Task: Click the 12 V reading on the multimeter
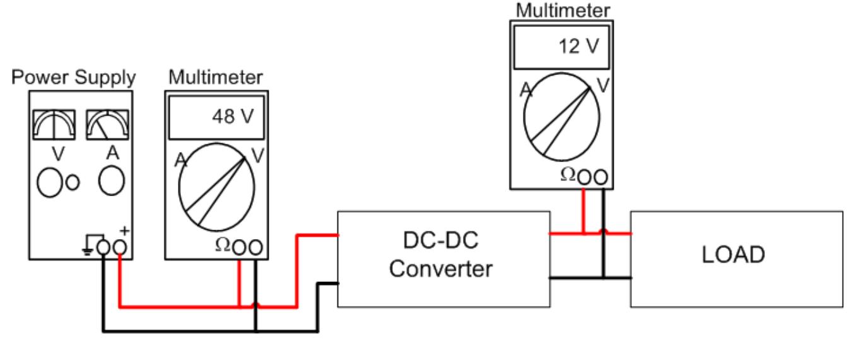click(x=576, y=47)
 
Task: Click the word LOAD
click(x=737, y=255)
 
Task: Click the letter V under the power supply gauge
click(x=54, y=153)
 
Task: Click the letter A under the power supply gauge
click(x=108, y=153)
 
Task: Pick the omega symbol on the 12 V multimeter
click(x=568, y=175)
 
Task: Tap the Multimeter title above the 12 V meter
click(x=563, y=10)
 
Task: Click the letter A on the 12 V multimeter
click(x=525, y=91)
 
